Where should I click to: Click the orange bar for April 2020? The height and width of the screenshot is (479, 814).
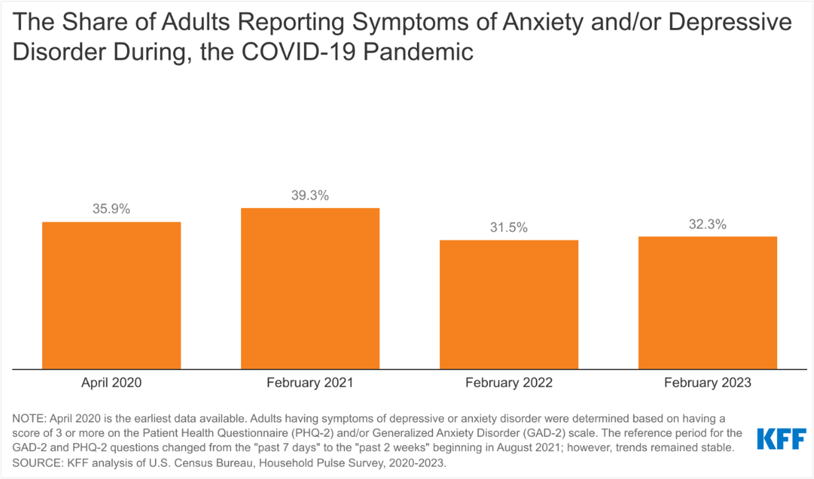click(x=111, y=295)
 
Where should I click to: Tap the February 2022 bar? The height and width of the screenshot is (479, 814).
click(x=509, y=304)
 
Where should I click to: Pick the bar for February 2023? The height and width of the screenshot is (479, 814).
click(x=708, y=302)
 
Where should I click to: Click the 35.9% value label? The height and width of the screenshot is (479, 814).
click(x=111, y=209)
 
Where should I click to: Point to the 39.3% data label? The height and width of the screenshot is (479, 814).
click(x=310, y=195)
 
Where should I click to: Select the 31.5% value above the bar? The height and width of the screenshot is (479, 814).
click(x=508, y=228)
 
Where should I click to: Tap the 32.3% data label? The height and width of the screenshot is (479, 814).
click(x=708, y=225)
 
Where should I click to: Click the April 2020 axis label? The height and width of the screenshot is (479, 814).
click(x=111, y=383)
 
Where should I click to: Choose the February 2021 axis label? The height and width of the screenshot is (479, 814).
click(x=310, y=383)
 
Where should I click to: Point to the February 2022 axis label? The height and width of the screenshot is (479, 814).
click(x=509, y=383)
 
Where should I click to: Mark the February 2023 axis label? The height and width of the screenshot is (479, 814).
click(x=708, y=383)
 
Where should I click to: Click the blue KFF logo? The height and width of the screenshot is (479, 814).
click(x=781, y=439)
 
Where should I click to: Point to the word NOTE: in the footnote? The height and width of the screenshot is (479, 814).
click(x=29, y=417)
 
